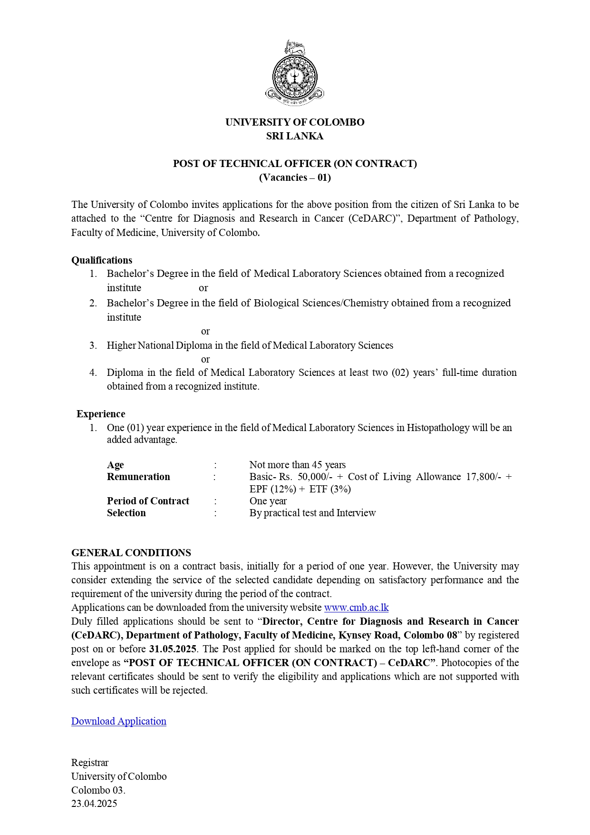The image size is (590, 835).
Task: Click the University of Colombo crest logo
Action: (x=295, y=73)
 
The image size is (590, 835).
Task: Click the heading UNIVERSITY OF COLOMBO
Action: (x=295, y=122)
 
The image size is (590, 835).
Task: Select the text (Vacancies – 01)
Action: (x=295, y=177)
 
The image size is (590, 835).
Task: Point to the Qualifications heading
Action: (x=102, y=260)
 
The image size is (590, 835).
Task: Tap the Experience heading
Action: (x=101, y=414)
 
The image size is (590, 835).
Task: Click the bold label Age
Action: (x=116, y=465)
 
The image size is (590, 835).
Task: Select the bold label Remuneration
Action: (x=138, y=477)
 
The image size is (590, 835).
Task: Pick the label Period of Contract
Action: (x=148, y=501)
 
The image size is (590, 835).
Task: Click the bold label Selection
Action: (x=126, y=513)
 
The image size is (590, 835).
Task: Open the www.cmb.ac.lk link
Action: (x=356, y=608)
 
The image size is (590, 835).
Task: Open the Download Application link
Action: (x=119, y=721)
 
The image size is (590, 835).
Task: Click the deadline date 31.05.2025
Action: (x=173, y=649)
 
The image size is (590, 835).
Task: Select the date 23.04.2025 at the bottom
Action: (x=94, y=804)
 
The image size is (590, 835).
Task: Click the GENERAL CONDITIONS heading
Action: (x=131, y=553)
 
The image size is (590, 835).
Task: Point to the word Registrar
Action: (x=90, y=763)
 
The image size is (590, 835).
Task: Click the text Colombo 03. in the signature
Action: (x=98, y=790)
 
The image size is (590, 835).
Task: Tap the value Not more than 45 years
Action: (x=298, y=465)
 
